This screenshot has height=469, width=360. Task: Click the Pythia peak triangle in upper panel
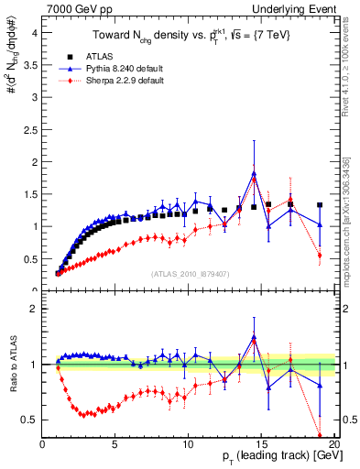tap(254, 173)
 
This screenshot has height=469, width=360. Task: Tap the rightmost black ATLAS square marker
tap(320, 205)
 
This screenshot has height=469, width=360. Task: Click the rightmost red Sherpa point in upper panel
tap(320, 256)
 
